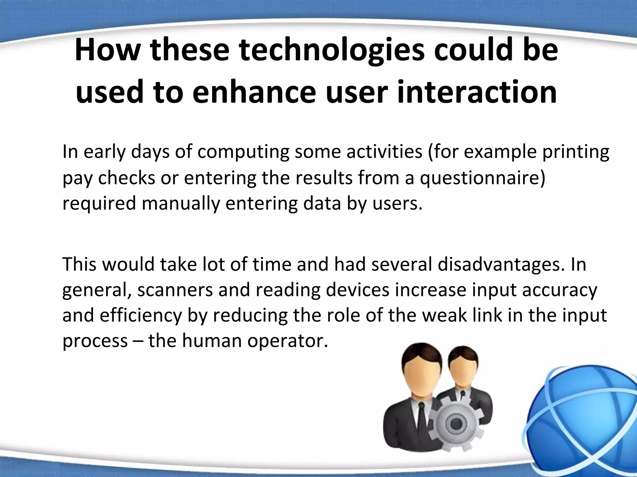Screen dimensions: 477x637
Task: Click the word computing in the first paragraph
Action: click(x=243, y=152)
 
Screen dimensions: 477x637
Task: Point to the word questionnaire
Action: click(x=482, y=179)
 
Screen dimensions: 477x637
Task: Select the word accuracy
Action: click(x=560, y=291)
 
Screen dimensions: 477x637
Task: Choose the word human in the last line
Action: click(x=212, y=341)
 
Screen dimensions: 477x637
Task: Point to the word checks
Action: click(x=126, y=178)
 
